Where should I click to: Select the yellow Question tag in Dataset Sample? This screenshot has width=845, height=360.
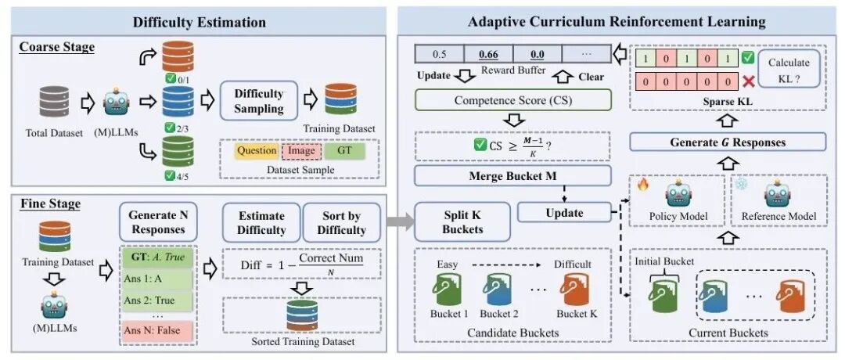256,150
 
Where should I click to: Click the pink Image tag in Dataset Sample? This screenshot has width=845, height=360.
301,150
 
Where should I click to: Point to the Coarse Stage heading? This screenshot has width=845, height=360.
56,47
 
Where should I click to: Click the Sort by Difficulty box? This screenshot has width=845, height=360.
342,222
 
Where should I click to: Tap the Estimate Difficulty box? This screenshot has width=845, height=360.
261,222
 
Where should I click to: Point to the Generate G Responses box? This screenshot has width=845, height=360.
728,142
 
